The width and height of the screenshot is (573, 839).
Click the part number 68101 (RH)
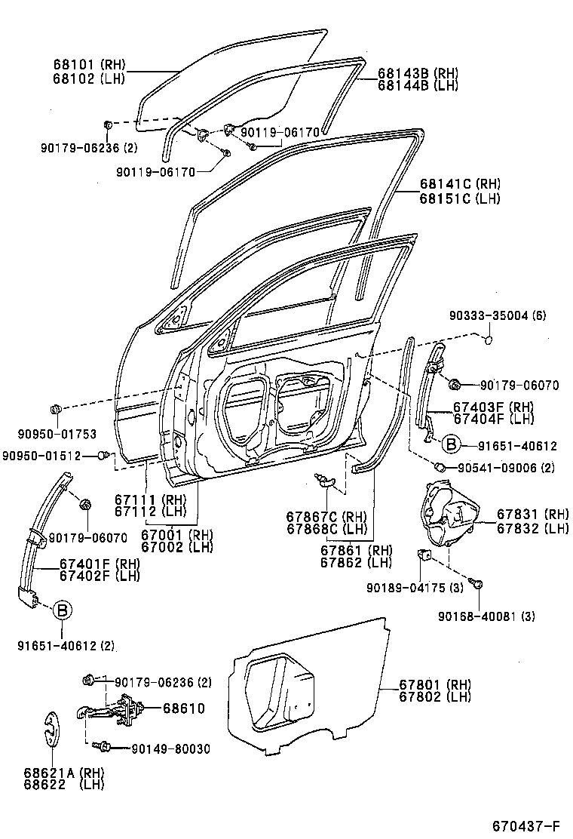pyautogui.click(x=88, y=65)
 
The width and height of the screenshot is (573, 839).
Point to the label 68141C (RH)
pyautogui.click(x=460, y=183)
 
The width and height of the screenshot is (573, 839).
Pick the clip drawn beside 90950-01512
pyautogui.click(x=106, y=455)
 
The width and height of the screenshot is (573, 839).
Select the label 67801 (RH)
pyautogui.click(x=435, y=684)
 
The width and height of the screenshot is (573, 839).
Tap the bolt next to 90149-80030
pyautogui.click(x=102, y=748)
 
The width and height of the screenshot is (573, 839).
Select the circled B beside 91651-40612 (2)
pyautogui.click(x=63, y=610)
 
